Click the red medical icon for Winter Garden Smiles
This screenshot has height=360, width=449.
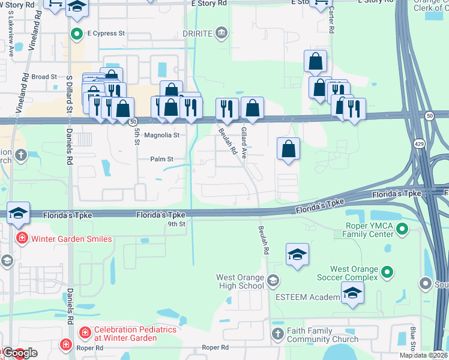point(22,239)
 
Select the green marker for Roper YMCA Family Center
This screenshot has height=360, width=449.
point(402,229)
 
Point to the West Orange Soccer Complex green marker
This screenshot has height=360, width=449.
point(387,273)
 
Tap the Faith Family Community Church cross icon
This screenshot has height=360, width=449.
point(277,334)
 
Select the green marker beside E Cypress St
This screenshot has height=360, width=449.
point(76,33)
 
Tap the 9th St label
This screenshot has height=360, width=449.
point(178,224)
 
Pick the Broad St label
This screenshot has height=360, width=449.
point(44,77)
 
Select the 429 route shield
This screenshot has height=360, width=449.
point(418,143)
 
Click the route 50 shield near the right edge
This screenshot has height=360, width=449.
point(429,115)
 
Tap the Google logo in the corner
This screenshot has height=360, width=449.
point(19,353)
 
